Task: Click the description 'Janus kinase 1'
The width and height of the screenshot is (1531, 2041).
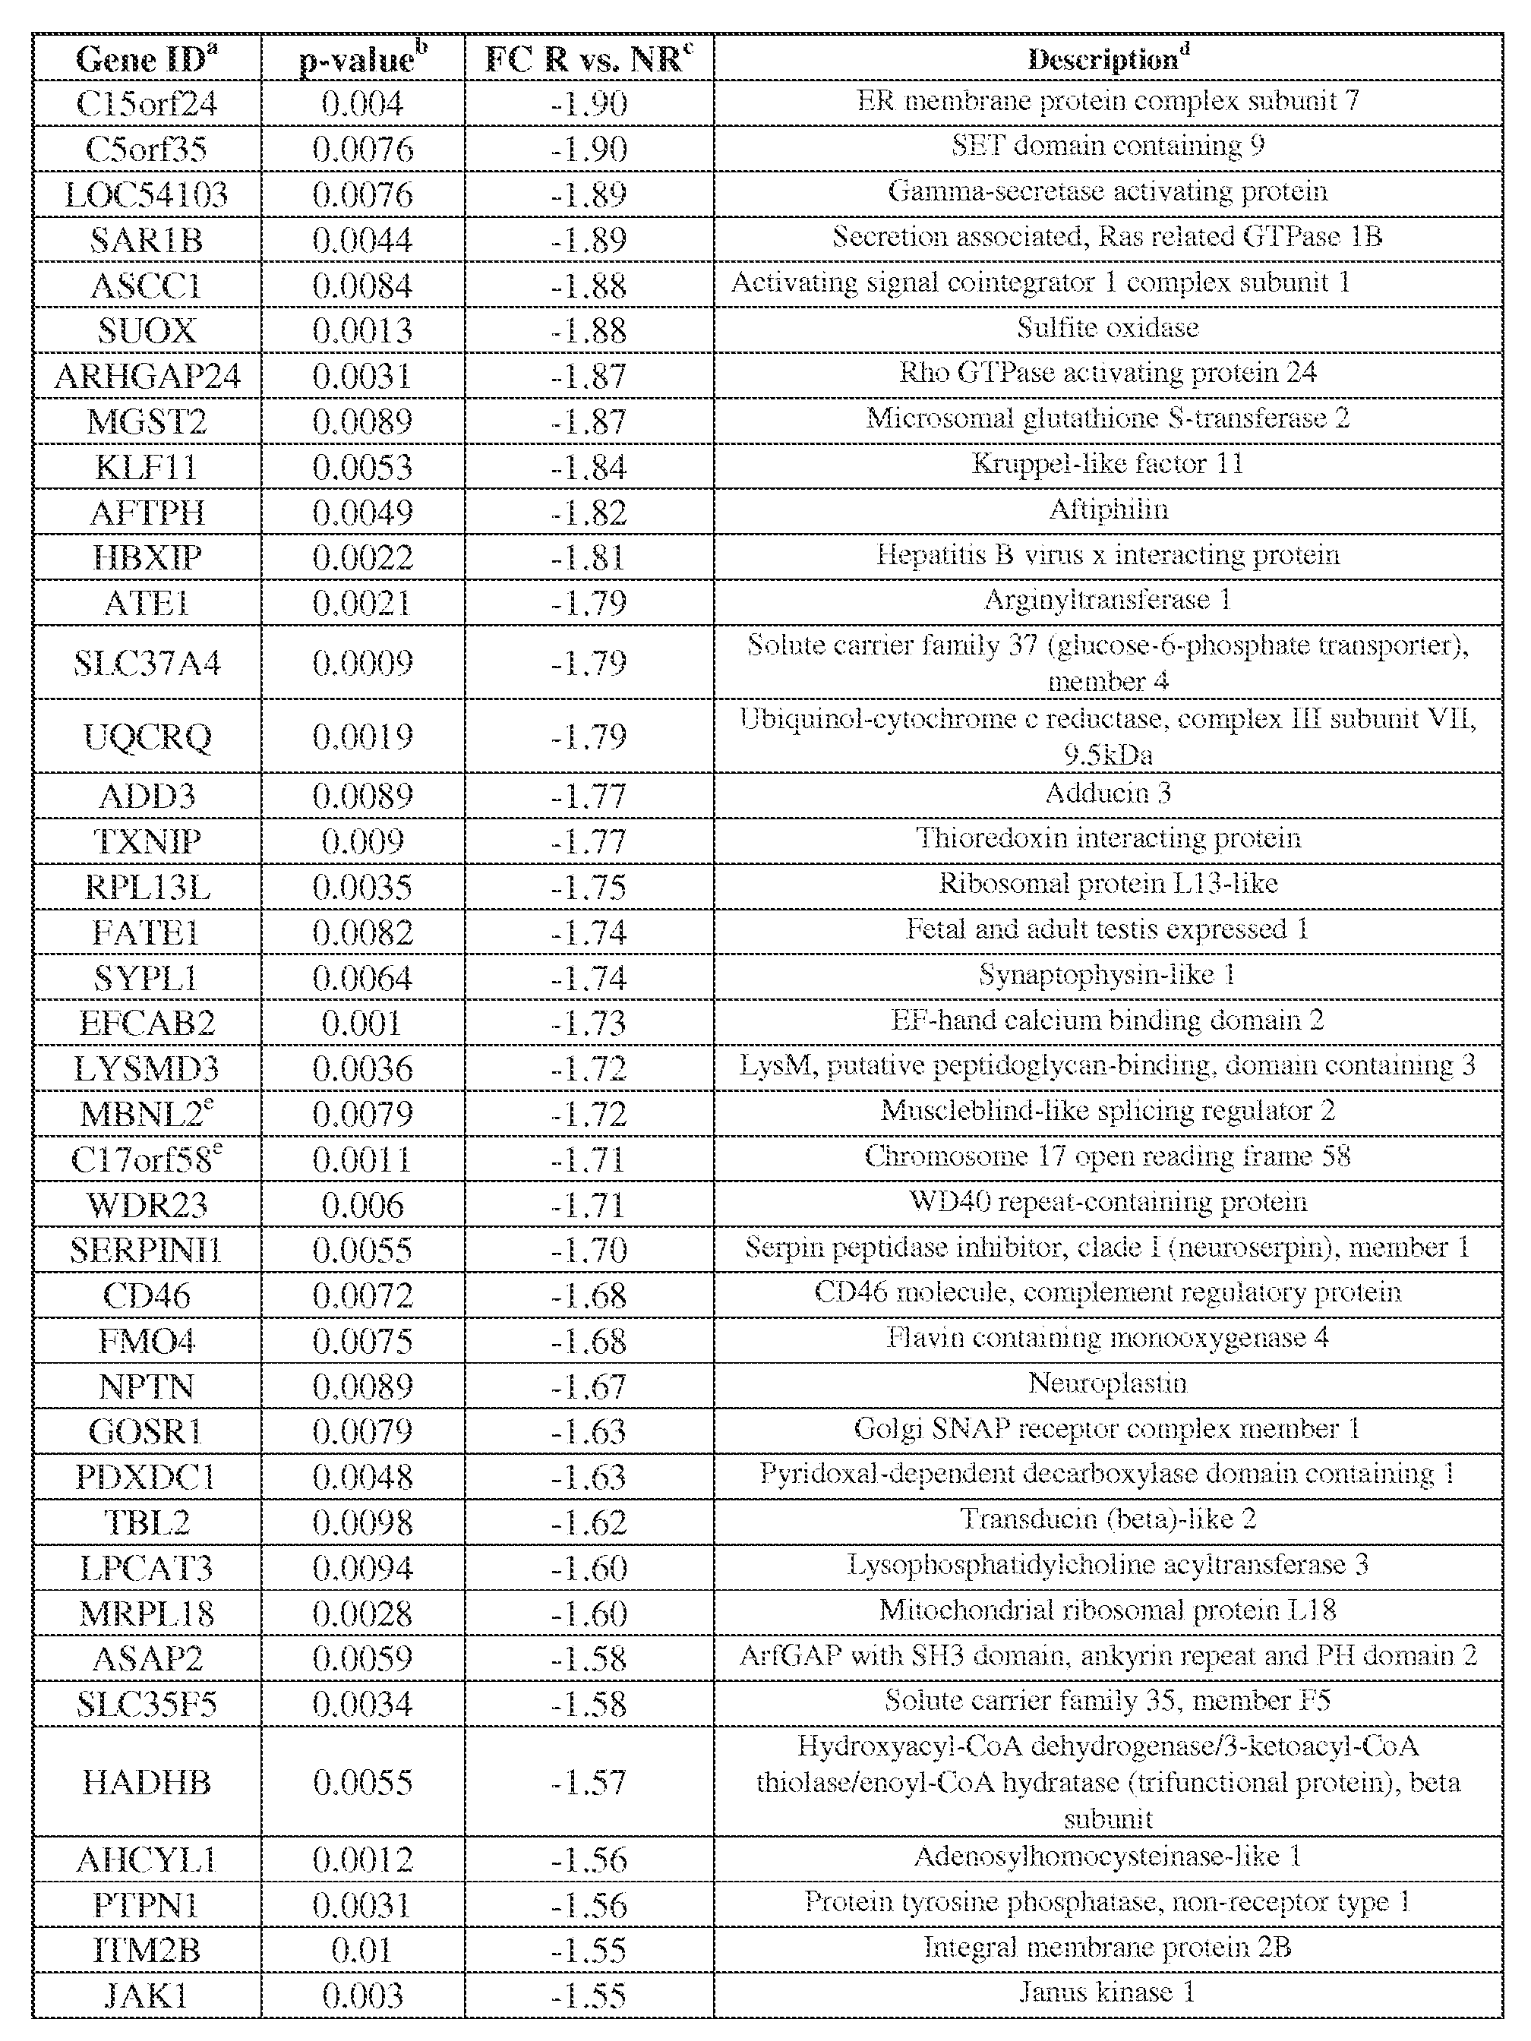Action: [x=1107, y=1992]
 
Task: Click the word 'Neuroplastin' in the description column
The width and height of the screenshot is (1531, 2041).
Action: [x=1107, y=1383]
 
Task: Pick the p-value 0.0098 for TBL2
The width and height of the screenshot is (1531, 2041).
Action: [x=363, y=1522]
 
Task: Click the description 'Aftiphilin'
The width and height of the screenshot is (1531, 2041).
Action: [x=1107, y=509]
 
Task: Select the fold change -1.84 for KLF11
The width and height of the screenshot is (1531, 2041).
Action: [x=588, y=467]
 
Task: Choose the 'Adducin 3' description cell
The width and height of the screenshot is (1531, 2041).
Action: [x=1107, y=793]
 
